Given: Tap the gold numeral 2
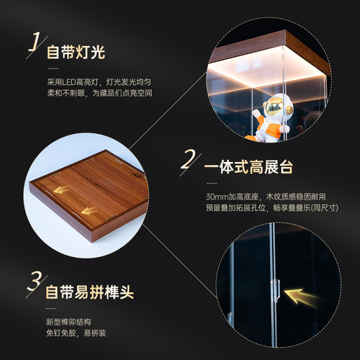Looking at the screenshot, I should (x=189, y=160).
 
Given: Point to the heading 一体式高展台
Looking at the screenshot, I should (x=248, y=168).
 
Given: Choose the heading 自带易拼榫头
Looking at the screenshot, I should (x=89, y=294).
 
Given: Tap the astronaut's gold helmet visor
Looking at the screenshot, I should (x=273, y=109).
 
